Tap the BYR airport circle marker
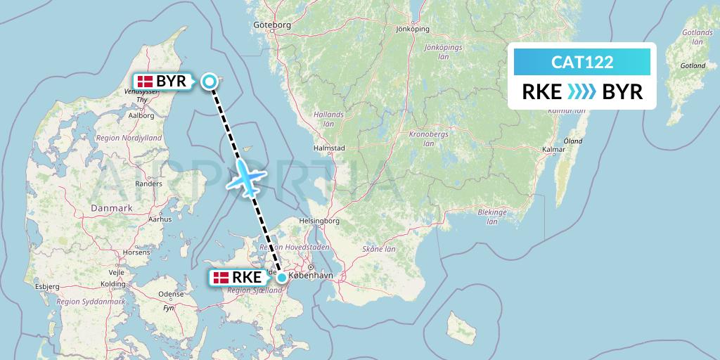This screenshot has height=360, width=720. (x=209, y=82)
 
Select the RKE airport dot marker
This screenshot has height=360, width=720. (x=282, y=277)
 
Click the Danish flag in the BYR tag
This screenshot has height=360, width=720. (x=146, y=82)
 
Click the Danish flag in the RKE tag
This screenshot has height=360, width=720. (x=221, y=278)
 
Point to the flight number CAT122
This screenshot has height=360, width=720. (x=582, y=63)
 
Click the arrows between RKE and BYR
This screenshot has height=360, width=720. (x=581, y=92)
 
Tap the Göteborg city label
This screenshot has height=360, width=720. (x=271, y=25)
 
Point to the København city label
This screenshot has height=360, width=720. (x=310, y=276)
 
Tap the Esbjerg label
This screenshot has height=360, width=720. (x=47, y=287)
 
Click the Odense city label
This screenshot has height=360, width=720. (x=171, y=294)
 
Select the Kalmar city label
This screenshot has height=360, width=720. (x=554, y=149)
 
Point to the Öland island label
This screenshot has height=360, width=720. (x=573, y=141)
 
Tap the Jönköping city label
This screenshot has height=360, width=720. (x=412, y=30)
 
